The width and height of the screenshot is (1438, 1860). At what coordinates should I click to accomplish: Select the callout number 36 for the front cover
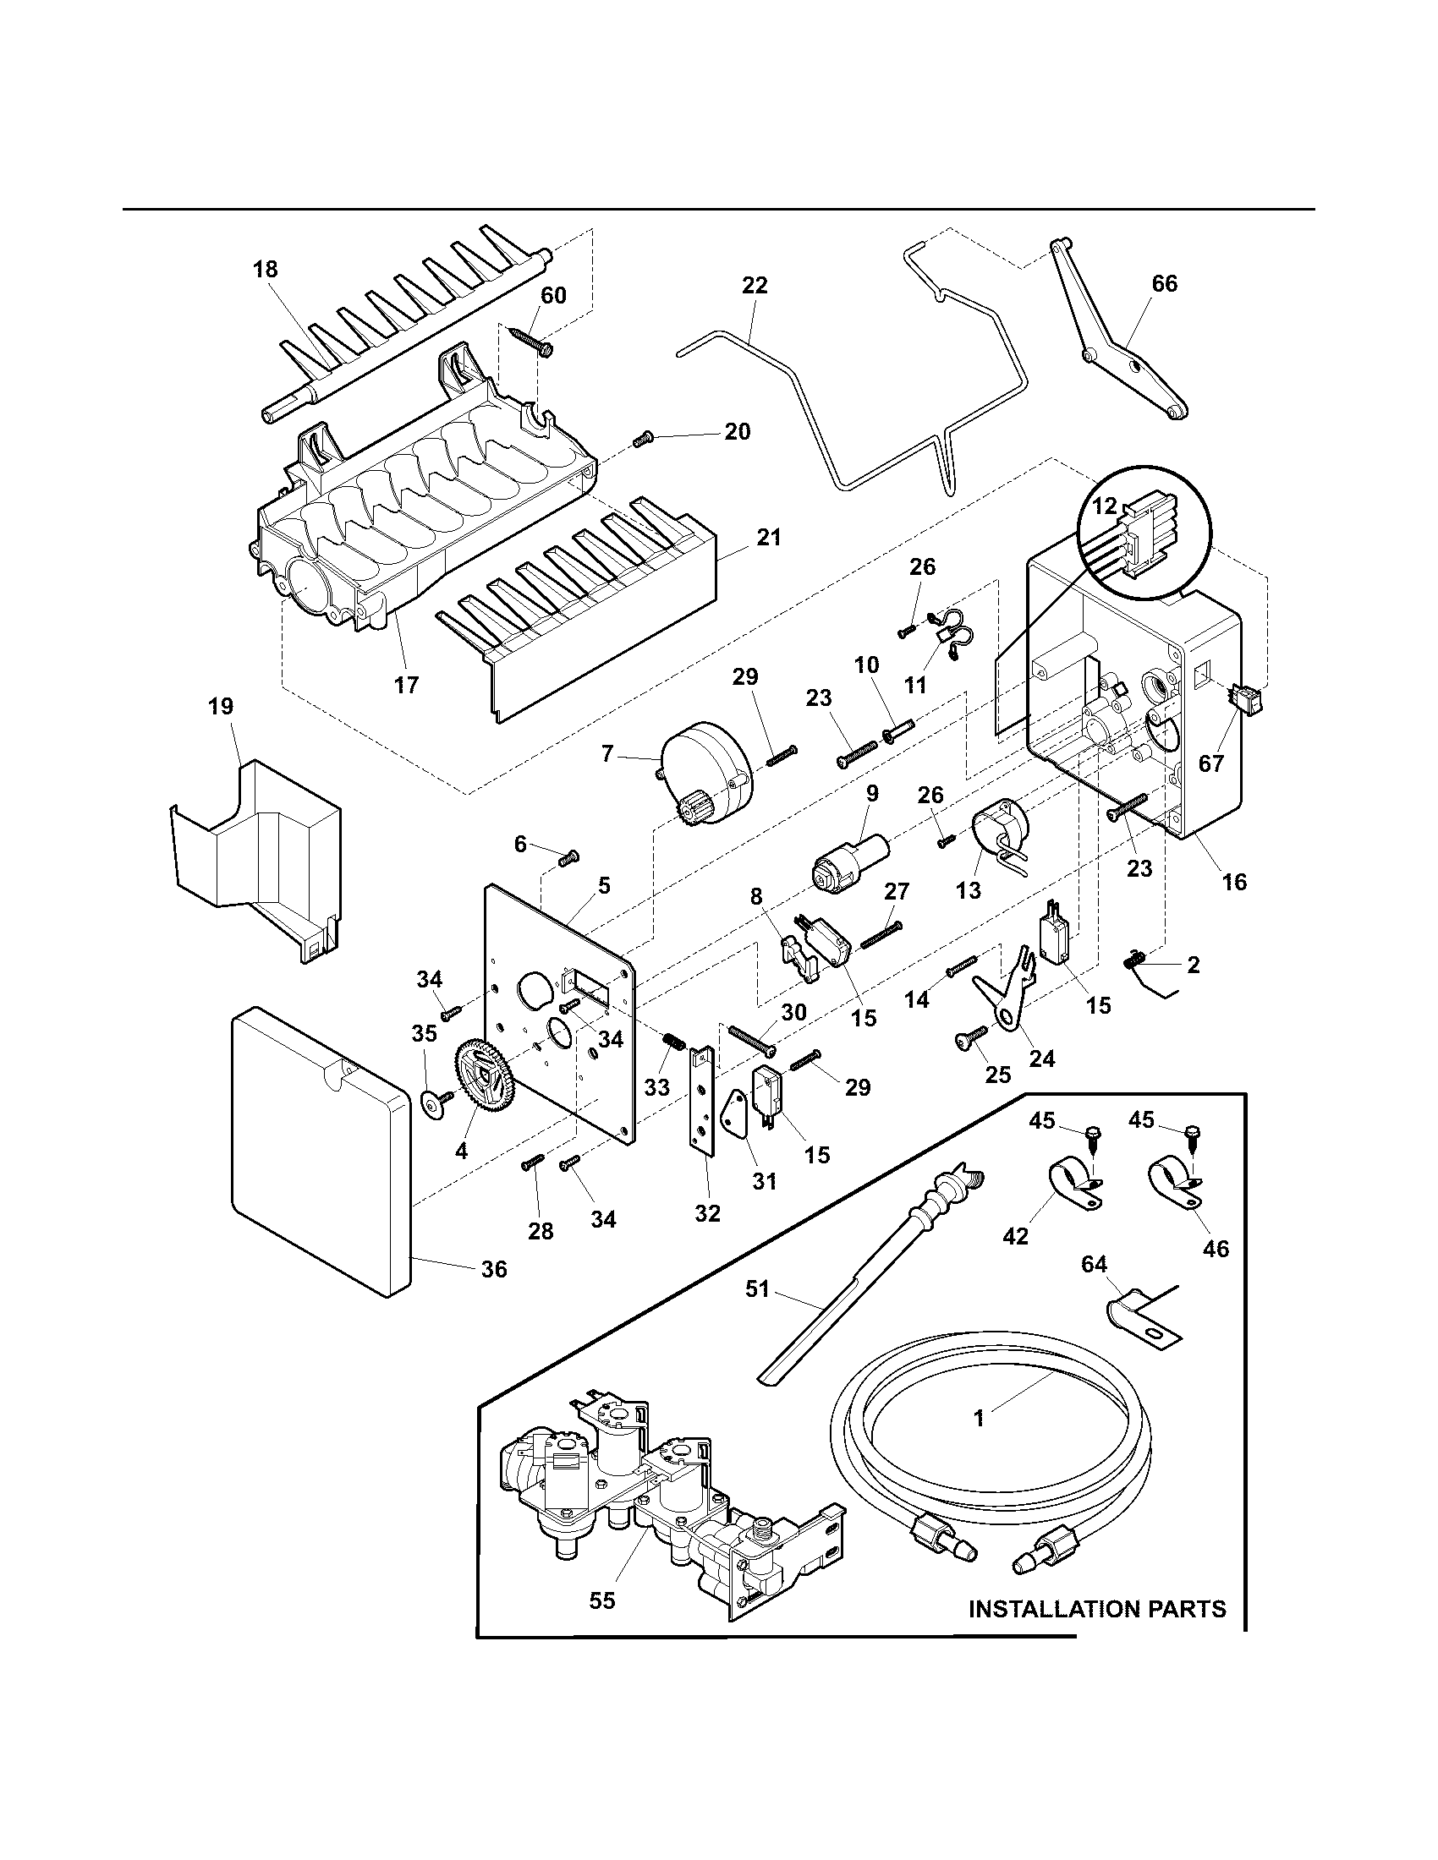pyautogui.click(x=494, y=1293)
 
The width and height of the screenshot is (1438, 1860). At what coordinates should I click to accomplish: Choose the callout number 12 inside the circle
pyautogui.click(x=1105, y=506)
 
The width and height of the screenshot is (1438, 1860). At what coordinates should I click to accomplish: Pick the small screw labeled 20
pyautogui.click(x=643, y=440)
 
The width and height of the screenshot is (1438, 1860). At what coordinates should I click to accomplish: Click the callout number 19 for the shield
pyautogui.click(x=221, y=706)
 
